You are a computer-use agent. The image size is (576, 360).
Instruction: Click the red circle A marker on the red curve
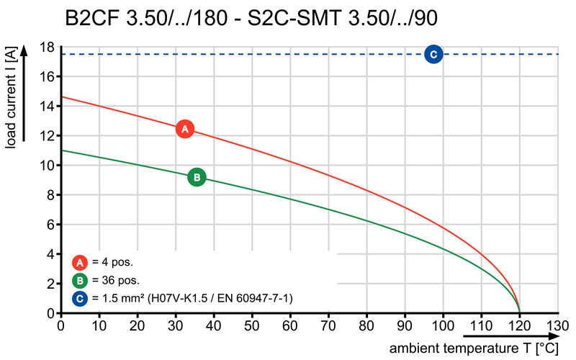click(185, 129)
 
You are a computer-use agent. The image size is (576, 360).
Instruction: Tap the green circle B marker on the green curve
click(197, 177)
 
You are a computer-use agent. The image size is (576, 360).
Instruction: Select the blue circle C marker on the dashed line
click(433, 54)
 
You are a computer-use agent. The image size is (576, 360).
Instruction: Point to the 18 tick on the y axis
click(47, 47)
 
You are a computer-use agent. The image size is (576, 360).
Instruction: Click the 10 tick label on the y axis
click(47, 166)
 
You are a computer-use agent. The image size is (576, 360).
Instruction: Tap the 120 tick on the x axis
click(519, 325)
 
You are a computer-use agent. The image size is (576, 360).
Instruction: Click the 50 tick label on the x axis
click(251, 325)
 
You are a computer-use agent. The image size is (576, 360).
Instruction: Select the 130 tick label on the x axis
click(557, 325)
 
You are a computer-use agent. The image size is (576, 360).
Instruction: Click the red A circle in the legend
click(81, 262)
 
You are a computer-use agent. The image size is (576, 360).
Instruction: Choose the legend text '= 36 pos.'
click(116, 280)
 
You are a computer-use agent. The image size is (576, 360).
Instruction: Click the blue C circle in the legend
click(81, 298)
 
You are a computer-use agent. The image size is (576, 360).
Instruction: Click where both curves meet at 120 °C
click(519, 312)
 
